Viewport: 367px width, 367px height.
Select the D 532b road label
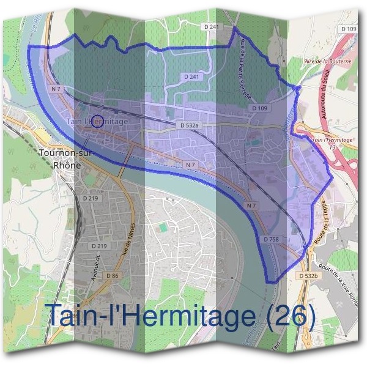(x=309, y=276)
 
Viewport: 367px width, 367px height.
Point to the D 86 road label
(x=112, y=276)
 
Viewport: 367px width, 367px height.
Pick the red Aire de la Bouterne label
(x=327, y=62)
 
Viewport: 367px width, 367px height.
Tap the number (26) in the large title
(x=286, y=316)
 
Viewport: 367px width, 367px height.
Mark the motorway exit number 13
(x=332, y=147)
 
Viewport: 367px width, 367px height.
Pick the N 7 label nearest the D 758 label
(x=251, y=206)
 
